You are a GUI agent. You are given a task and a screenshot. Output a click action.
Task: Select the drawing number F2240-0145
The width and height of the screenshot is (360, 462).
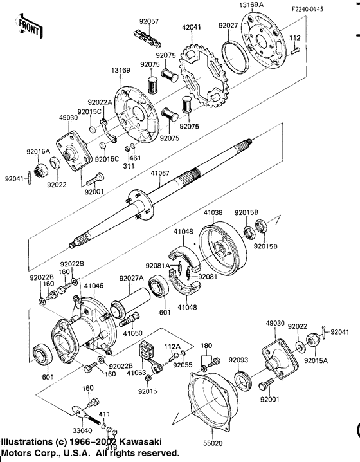point(325,8)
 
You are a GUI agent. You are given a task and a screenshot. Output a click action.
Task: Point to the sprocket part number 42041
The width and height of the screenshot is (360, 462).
point(192,28)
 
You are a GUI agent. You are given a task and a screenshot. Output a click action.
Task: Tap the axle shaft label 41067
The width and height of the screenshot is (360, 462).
point(159,173)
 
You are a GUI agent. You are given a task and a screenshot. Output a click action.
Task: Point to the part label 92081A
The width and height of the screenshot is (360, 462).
point(157,265)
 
